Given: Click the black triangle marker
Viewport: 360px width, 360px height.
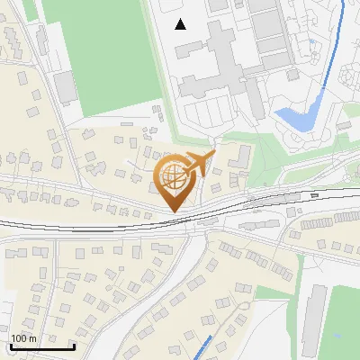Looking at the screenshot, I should pos(181,23).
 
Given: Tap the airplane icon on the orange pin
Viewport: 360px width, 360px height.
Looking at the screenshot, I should pos(200,164).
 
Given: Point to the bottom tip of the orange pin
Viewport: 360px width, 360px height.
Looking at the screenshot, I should pos(171,211).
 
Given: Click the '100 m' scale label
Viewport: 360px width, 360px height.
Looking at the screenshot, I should pos(24,337).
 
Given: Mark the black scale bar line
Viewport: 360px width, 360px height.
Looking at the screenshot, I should pos(42,346).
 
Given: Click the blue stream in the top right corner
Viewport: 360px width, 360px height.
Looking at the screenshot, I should pos(338,45).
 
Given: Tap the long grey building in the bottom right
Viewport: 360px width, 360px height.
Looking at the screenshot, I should pos(311,319).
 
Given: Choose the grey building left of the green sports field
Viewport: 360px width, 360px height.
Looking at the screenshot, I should pos(65,87).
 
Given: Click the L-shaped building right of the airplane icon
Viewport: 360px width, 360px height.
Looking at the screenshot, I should pos(241,158).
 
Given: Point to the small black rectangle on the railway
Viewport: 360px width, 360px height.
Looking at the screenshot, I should pos(313,195).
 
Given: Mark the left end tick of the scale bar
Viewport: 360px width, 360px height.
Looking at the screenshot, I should pos(11,345).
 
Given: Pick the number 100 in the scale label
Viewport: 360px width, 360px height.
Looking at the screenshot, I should pos(19,337).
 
